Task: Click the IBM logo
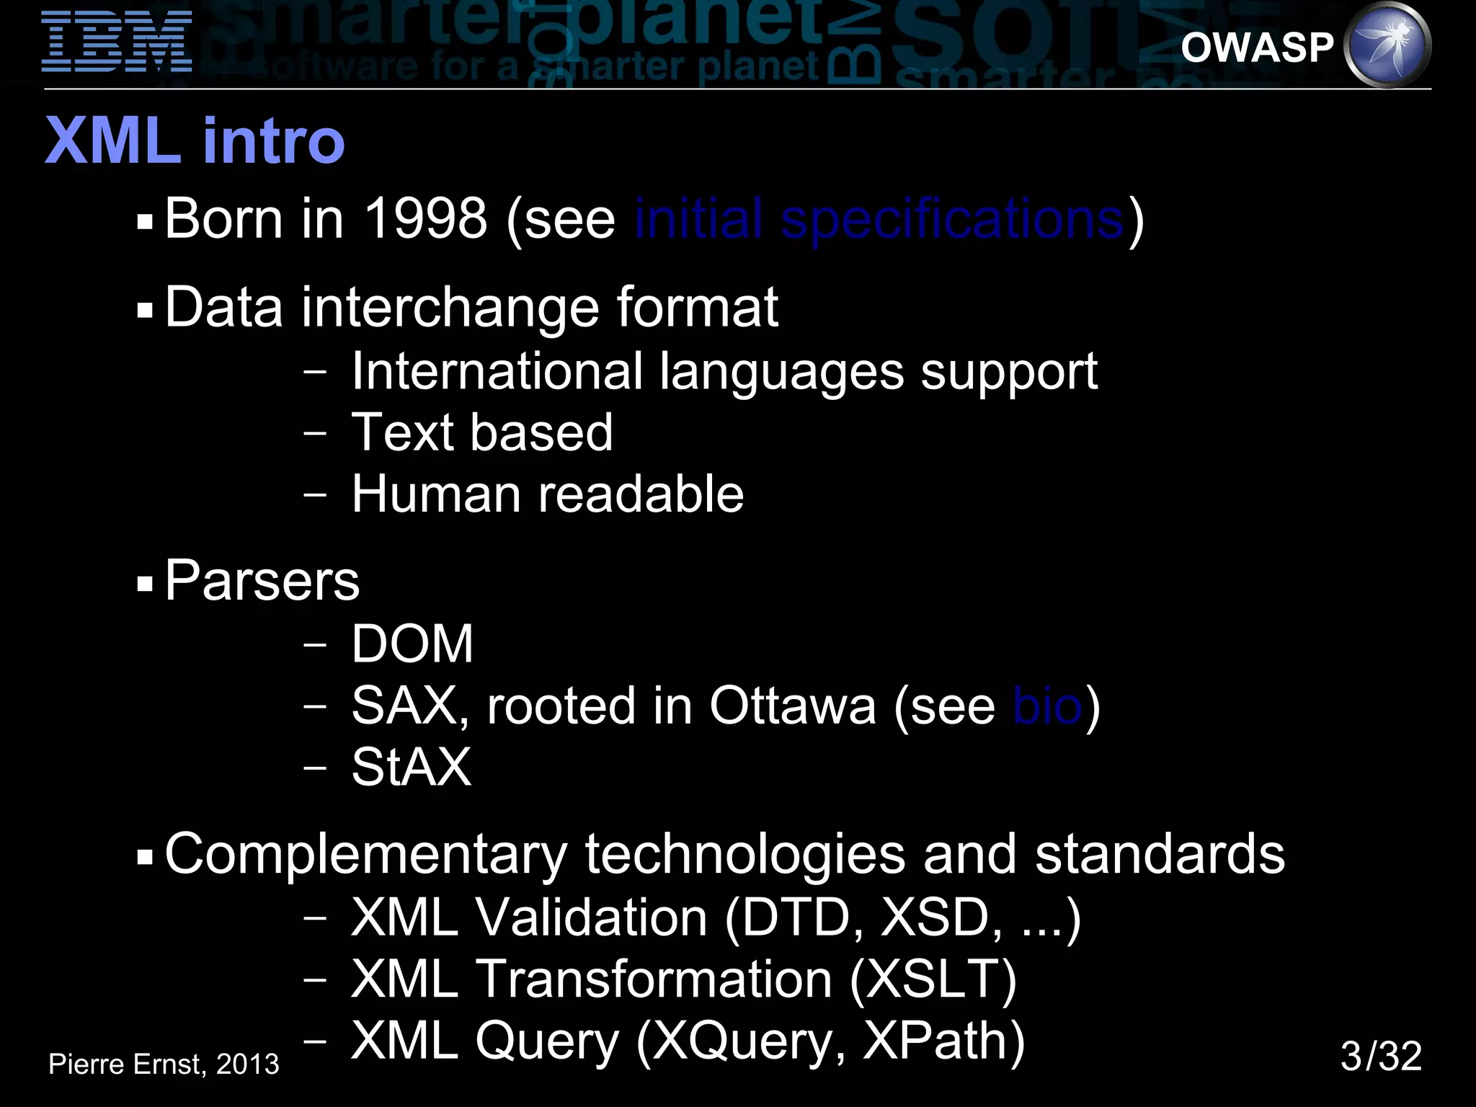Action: pyautogui.click(x=117, y=42)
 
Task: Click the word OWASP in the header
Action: pyautogui.click(x=1257, y=48)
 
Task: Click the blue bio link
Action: pyautogui.click(x=1046, y=706)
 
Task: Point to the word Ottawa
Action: pyautogui.click(x=793, y=706)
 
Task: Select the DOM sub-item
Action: pyautogui.click(x=412, y=644)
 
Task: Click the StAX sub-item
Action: pyautogui.click(x=411, y=768)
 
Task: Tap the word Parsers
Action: pyautogui.click(x=262, y=581)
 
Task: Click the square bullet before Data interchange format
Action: pyautogui.click(x=145, y=311)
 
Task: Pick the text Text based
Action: pyautogui.click(x=481, y=432)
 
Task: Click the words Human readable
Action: pyautogui.click(x=548, y=494)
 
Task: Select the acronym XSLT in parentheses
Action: pyautogui.click(x=933, y=979)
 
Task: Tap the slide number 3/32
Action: pyautogui.click(x=1380, y=1057)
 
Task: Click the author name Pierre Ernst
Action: pyautogui.click(x=126, y=1064)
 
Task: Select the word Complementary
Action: pyautogui.click(x=366, y=854)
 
